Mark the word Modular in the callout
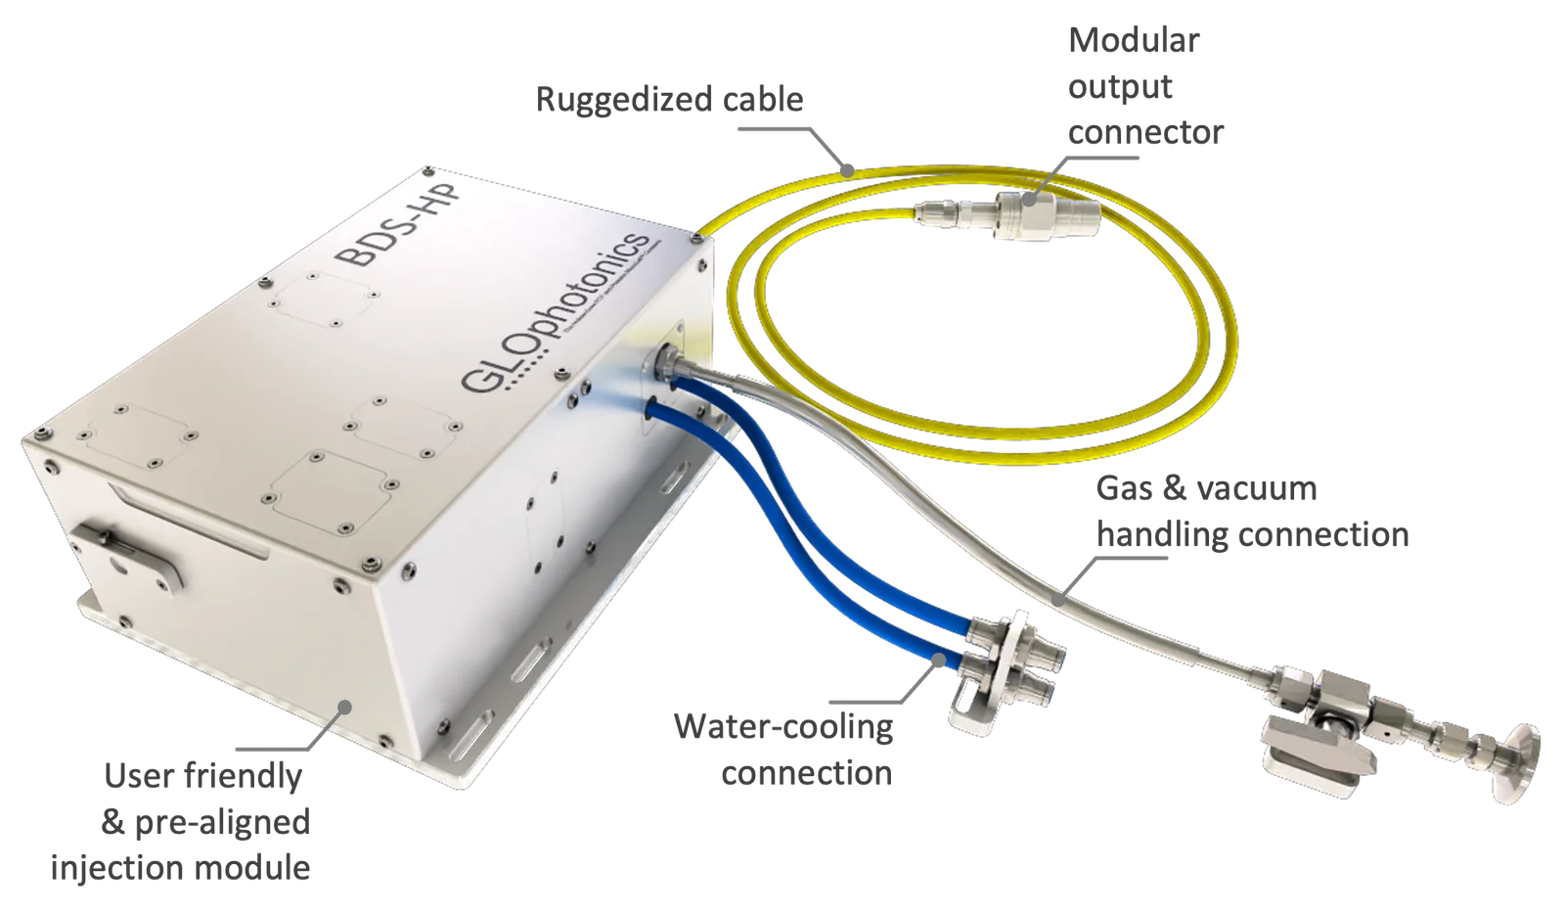point(1136,41)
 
